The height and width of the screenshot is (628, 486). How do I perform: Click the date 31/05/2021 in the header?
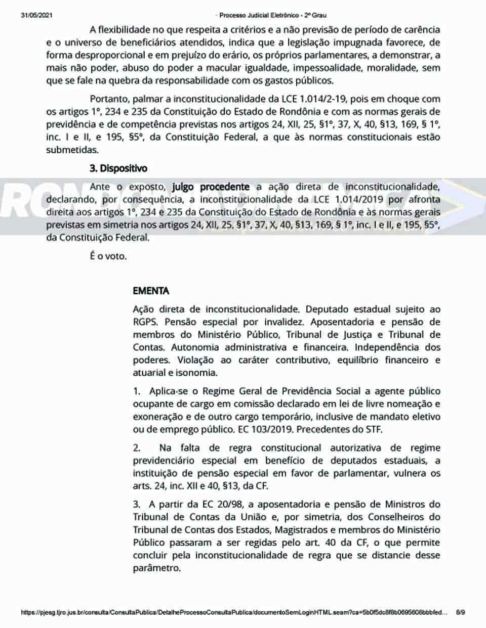31,15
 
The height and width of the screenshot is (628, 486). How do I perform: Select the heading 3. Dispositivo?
118,168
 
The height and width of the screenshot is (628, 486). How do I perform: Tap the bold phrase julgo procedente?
211,187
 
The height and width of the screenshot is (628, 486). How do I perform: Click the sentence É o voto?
108,256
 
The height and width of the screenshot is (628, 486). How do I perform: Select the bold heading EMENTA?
151,291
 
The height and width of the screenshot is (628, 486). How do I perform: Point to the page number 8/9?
460,612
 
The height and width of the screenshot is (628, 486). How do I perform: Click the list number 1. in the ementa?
137,391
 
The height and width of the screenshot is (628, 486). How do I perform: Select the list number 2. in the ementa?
137,447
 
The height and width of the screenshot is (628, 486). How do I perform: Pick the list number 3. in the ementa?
137,504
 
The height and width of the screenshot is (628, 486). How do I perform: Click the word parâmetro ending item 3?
156,568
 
